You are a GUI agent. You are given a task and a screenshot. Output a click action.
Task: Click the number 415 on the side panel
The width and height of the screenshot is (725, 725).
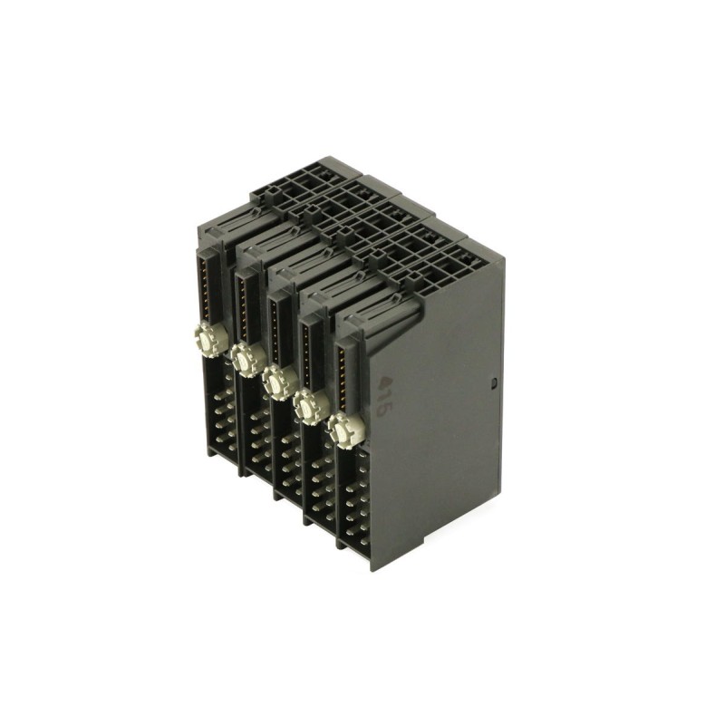point(384,396)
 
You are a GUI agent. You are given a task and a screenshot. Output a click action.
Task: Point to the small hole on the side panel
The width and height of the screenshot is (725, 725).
point(494,383)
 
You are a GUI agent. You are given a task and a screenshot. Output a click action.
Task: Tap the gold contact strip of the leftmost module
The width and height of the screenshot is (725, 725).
point(209,285)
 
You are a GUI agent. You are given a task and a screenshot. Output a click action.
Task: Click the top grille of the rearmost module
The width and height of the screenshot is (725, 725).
point(299,181)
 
